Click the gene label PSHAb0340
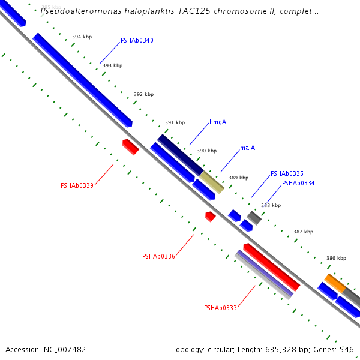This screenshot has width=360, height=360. point(137,41)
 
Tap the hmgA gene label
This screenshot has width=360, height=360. point(218,122)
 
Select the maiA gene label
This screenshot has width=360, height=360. point(247,148)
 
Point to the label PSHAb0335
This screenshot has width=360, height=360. point(287,173)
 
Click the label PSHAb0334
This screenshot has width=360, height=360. point(298,184)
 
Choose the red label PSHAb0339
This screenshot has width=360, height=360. point(77,186)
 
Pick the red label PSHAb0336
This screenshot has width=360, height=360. point(158,257)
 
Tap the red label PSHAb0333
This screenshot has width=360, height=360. point(220,308)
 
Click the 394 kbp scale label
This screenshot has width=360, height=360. point(82,37)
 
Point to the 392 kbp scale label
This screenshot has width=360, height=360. point(143,95)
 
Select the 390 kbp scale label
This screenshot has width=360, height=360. point(206,151)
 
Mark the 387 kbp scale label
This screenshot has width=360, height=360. point(303,232)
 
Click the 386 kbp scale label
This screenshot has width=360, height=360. point(336,259)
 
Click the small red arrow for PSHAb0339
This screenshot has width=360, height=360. point(130,146)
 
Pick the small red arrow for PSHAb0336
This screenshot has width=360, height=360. point(210,216)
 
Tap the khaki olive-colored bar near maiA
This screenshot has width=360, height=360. point(212,182)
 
